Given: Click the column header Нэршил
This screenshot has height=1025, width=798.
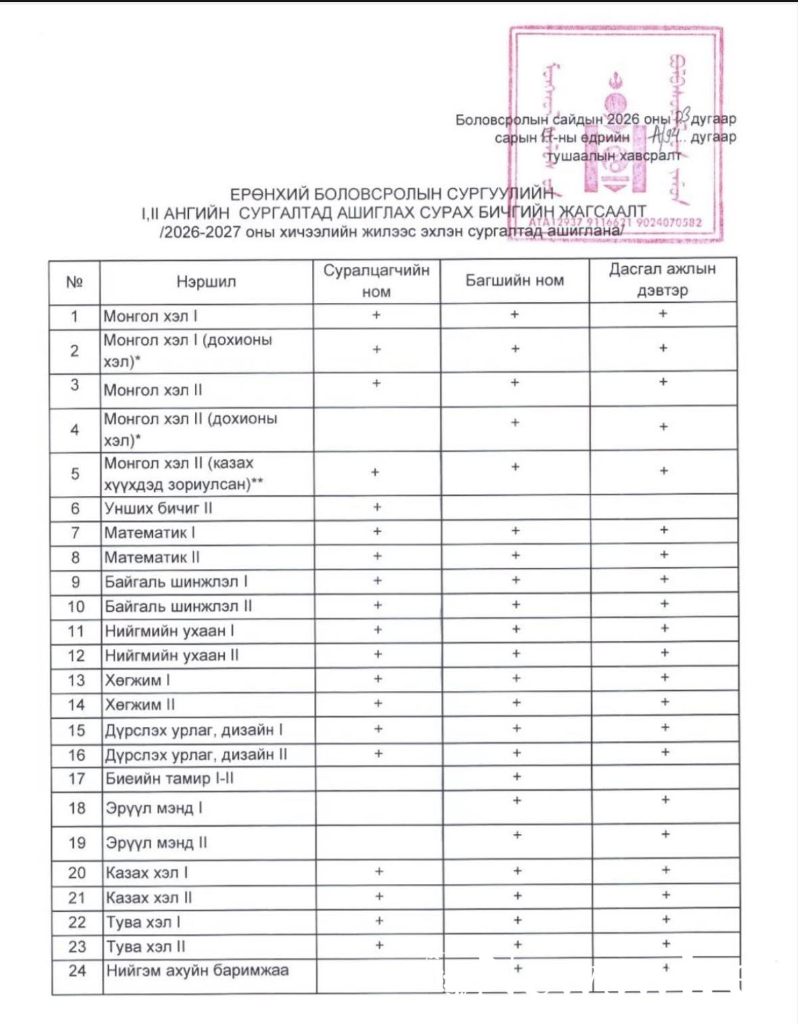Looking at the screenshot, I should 206,282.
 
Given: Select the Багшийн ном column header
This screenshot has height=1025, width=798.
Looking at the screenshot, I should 514,281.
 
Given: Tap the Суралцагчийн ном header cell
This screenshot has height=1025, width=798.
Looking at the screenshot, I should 376,281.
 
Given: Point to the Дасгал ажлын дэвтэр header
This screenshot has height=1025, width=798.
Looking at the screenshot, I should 662,280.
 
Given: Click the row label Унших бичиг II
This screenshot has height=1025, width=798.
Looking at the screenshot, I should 158,509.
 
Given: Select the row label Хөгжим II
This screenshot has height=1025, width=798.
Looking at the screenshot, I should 140,704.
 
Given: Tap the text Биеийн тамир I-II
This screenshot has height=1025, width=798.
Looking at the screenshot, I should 169,778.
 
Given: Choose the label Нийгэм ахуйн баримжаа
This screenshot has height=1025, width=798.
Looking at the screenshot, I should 197,970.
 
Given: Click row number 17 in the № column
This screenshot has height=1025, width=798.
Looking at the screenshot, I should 77,778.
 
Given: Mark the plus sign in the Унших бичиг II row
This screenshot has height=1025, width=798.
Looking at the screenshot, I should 377,507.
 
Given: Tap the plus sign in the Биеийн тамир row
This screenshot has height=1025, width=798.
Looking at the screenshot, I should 517,777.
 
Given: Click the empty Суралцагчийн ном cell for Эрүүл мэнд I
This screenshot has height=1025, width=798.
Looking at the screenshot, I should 379,808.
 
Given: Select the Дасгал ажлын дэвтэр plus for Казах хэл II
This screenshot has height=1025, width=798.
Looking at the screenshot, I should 666,895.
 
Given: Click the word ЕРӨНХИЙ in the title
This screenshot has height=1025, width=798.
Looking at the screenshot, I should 269,194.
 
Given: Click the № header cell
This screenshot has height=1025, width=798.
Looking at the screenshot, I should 74,282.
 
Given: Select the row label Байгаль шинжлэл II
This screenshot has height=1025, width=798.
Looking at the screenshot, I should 178,606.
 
